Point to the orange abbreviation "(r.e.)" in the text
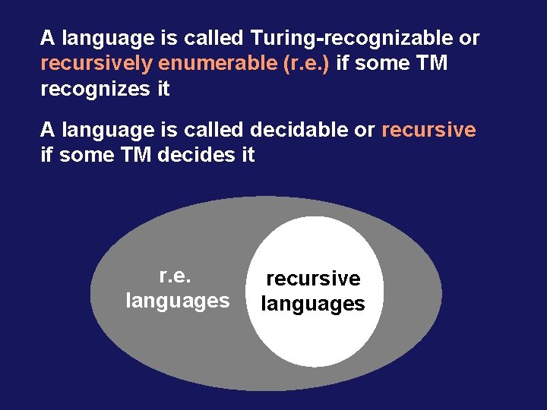(306, 64)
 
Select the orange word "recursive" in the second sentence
(428, 130)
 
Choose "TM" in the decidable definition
(136, 156)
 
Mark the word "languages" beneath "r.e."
(177, 301)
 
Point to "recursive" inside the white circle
(313, 279)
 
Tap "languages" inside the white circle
(313, 304)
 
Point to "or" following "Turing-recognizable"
(469, 38)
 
